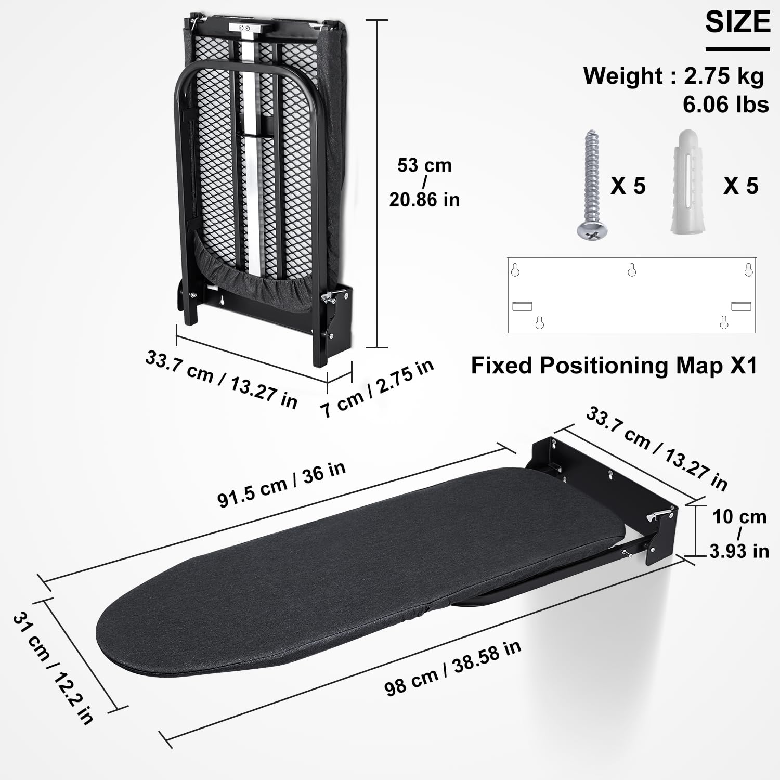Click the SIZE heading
pyautogui.click(x=737, y=23)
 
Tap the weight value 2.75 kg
pyautogui.click(x=723, y=76)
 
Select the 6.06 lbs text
pyautogui.click(x=725, y=105)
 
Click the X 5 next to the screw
pyautogui.click(x=628, y=186)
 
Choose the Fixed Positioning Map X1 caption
pyautogui.click(x=614, y=366)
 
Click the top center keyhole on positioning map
pyautogui.click(x=632, y=270)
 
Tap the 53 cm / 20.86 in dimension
pyautogui.click(x=424, y=183)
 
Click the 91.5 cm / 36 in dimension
pyautogui.click(x=281, y=484)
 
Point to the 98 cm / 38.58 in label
pyautogui.click(x=452, y=668)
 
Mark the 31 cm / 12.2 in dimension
pyautogui.click(x=53, y=668)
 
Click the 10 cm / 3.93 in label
pyautogui.click(x=739, y=534)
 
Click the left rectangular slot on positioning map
pyautogui.click(x=522, y=306)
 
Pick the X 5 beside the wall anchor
pyautogui.click(x=740, y=186)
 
